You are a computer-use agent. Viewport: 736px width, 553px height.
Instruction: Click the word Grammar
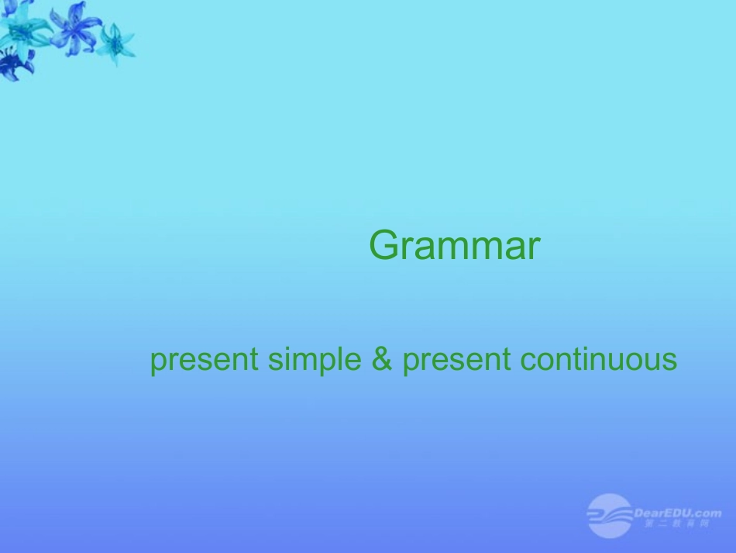tap(454, 247)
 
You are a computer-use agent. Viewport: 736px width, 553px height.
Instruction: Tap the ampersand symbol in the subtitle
tap(383, 360)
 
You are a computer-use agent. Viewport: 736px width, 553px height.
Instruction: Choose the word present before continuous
tap(456, 361)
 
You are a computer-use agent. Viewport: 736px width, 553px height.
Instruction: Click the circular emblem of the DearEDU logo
tap(609, 515)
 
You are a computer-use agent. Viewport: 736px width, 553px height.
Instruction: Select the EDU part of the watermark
tap(683, 513)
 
